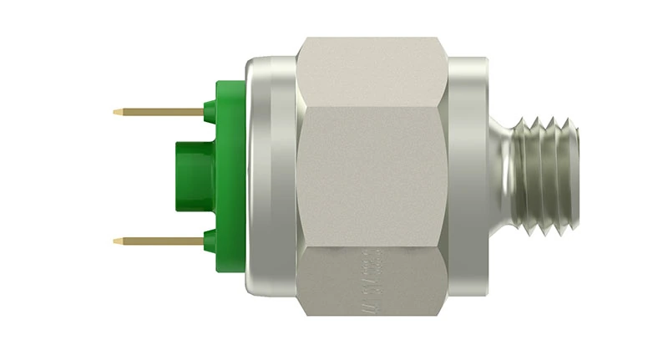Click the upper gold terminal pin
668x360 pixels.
[x=159, y=112]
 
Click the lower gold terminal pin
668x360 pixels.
[x=159, y=241]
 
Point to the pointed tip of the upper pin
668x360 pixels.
[x=116, y=111]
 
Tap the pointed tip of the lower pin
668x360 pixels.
[x=116, y=241]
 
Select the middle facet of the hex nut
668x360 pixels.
[x=372, y=175]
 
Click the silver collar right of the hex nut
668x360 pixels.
[x=468, y=176]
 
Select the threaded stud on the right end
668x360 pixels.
[x=547, y=176]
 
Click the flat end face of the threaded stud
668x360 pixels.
[x=577, y=176]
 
